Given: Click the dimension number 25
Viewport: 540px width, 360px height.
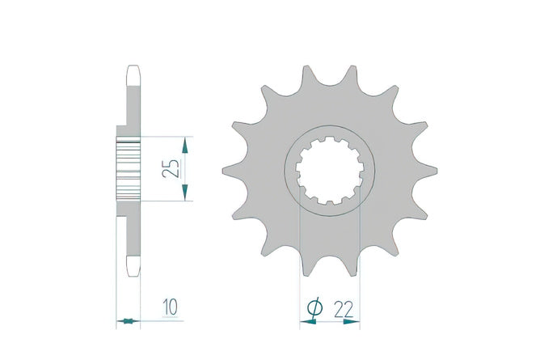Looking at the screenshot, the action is pos(171,168).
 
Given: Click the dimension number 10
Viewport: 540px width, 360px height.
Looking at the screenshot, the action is pos(171,307).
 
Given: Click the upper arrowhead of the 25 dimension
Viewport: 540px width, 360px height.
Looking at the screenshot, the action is pos(185,145).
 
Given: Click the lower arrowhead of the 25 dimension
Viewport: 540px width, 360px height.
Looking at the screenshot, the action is pos(185,192).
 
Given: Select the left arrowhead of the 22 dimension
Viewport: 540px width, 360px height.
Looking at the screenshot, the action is pos(308,322).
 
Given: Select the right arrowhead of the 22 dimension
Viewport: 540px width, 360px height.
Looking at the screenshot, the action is pos(352,322).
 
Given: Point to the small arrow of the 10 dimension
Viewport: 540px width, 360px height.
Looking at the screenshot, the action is pos(128,321).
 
